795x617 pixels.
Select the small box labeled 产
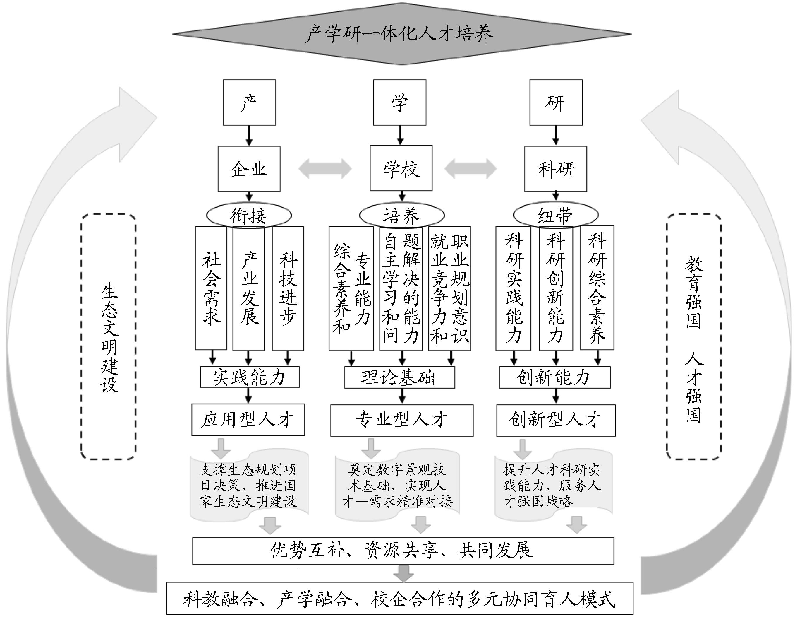pyautogui.click(x=249, y=102)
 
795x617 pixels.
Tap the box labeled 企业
pyautogui.click(x=249, y=169)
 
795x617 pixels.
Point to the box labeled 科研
pyautogui.click(x=555, y=169)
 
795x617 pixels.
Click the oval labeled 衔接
pyautogui.click(x=249, y=215)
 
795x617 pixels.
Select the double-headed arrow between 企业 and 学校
pyautogui.click(x=325, y=169)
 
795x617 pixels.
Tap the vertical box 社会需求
pyautogui.click(x=211, y=288)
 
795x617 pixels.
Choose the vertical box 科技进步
pyautogui.click(x=288, y=288)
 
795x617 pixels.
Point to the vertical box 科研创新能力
pyautogui.click(x=556, y=288)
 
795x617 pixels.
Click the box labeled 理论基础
pyautogui.click(x=399, y=377)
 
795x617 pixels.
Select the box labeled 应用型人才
pyautogui.click(x=248, y=419)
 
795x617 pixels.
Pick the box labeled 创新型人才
pyautogui.click(x=556, y=420)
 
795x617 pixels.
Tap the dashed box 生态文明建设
pyautogui.click(x=109, y=336)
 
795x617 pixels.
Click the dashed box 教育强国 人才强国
pyautogui.click(x=693, y=336)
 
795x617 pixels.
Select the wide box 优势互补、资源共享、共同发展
pyautogui.click(x=403, y=551)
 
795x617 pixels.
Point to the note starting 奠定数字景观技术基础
pyautogui.click(x=397, y=486)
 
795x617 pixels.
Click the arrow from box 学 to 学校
pyautogui.click(x=400, y=135)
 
